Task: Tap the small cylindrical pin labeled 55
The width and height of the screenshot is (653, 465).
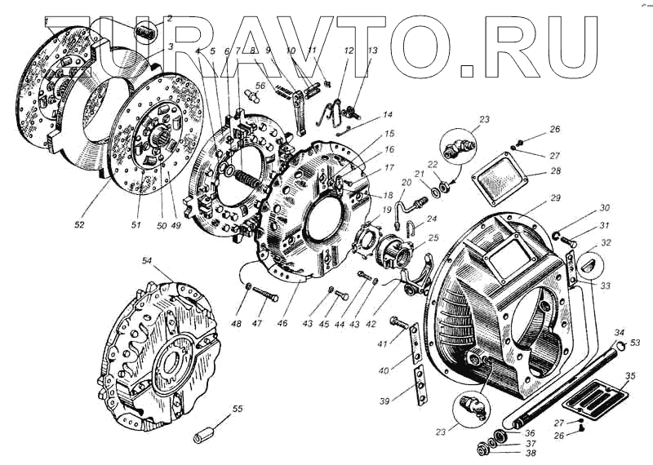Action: pyautogui.click(x=207, y=432)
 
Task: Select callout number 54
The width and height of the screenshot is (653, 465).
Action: pyautogui.click(x=148, y=261)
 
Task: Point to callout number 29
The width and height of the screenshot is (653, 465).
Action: pyautogui.click(x=556, y=199)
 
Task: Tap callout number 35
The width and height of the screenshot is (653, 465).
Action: pyautogui.click(x=629, y=378)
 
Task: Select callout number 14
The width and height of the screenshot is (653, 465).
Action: pyautogui.click(x=387, y=116)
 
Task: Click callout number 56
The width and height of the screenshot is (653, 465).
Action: pyautogui.click(x=260, y=86)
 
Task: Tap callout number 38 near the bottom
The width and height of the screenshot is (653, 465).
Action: pyautogui.click(x=530, y=453)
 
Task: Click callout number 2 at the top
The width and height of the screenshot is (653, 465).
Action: pyautogui.click(x=170, y=17)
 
